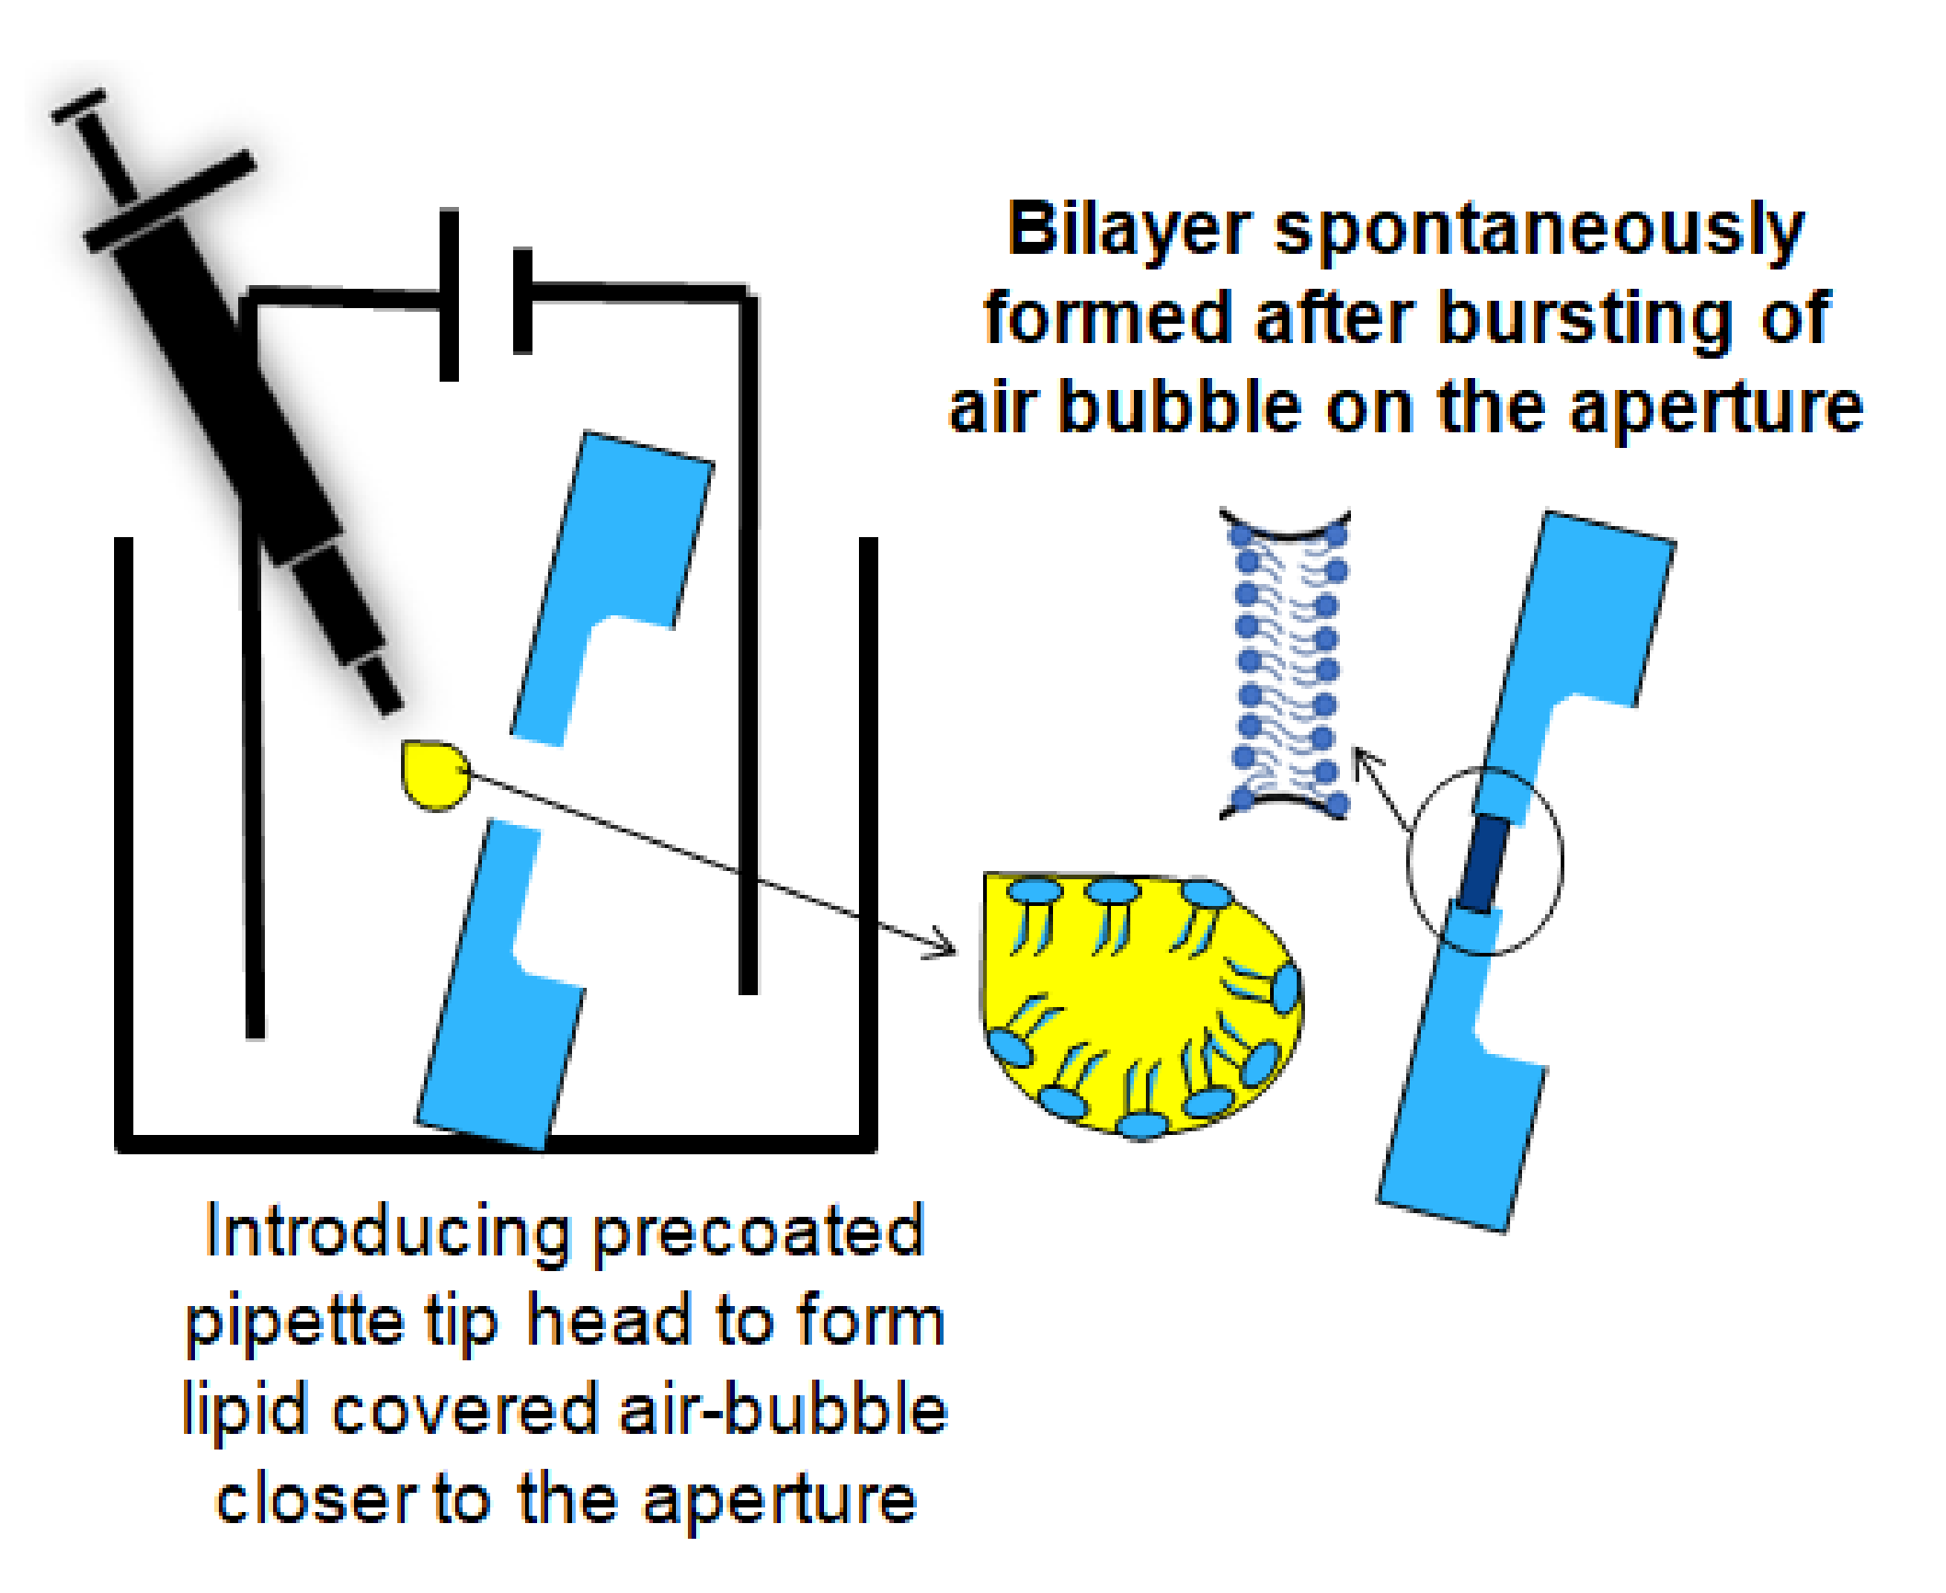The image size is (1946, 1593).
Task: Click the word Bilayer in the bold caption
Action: (1128, 230)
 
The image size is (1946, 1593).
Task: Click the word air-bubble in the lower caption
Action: (783, 1411)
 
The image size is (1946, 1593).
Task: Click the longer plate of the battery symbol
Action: (449, 294)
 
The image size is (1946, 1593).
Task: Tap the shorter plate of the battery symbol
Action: (522, 300)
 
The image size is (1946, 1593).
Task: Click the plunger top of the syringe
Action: (78, 107)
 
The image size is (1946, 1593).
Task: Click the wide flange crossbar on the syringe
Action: (169, 201)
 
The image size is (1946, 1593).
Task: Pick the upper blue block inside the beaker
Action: (611, 570)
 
